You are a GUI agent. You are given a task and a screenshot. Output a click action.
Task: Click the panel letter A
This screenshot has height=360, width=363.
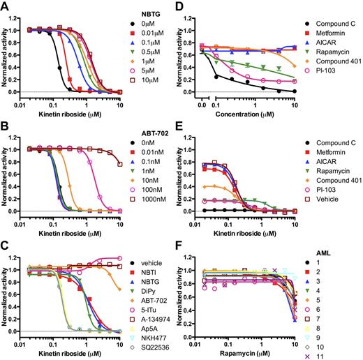click(6, 6)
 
